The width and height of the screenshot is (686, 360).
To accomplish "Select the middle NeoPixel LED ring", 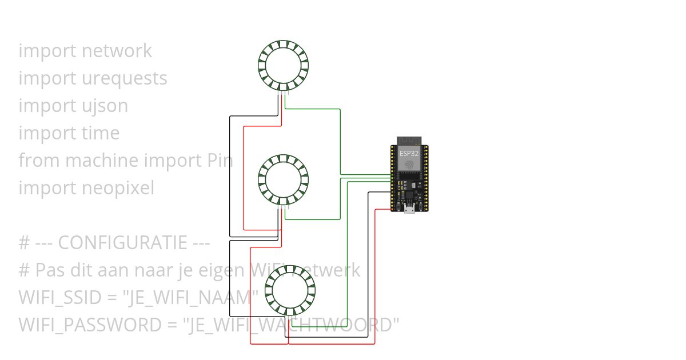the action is pyautogui.click(x=283, y=180).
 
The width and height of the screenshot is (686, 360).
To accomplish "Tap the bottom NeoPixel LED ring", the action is pyautogui.click(x=291, y=290).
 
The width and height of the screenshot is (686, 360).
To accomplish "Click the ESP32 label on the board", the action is pyautogui.click(x=409, y=153).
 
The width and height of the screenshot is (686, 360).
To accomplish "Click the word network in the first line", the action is pyautogui.click(x=117, y=51).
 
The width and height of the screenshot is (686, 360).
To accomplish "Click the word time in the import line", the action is pyautogui.click(x=101, y=133).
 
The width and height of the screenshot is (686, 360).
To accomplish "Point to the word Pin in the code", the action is pyautogui.click(x=219, y=161).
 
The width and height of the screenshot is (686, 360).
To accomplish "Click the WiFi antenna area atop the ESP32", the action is pyautogui.click(x=409, y=141).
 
